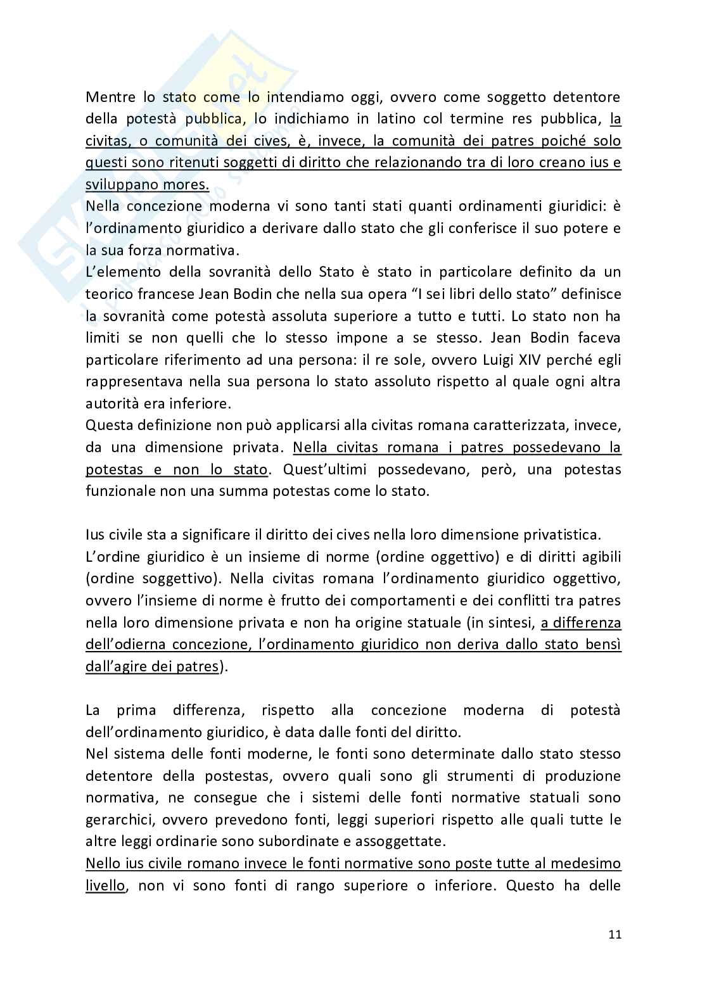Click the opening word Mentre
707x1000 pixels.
click(x=110, y=97)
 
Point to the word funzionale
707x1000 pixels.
click(x=118, y=491)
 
